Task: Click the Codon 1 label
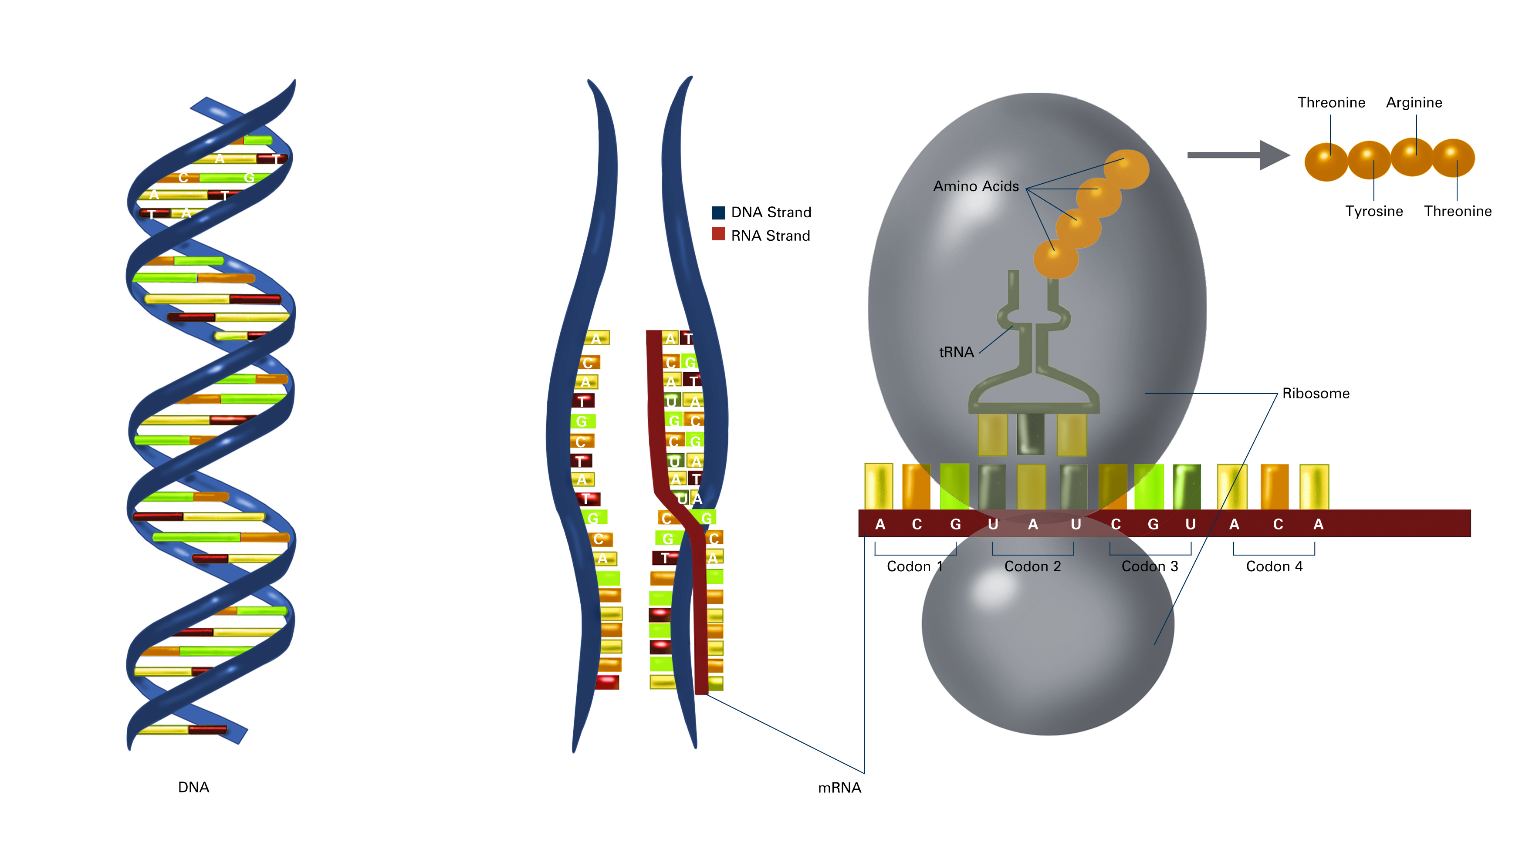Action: point(914,566)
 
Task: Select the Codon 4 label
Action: point(1274,566)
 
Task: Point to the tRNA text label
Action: point(956,352)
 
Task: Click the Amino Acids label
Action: point(975,186)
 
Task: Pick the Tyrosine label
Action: point(1373,211)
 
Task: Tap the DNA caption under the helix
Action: point(193,787)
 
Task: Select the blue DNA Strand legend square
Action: point(718,212)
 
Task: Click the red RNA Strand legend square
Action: point(718,234)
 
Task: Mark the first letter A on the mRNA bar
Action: point(880,525)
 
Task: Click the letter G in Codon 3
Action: point(1153,525)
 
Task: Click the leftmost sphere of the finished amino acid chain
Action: point(1326,162)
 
